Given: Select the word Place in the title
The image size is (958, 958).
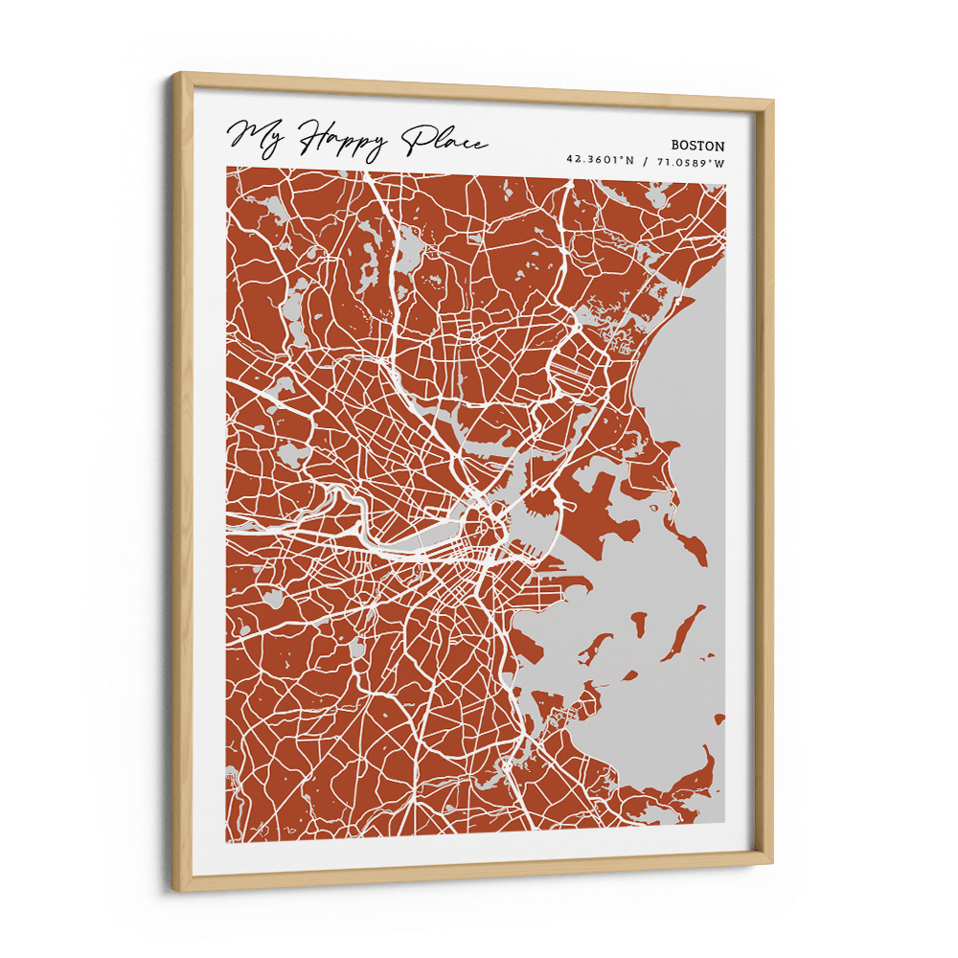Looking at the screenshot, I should (443, 141).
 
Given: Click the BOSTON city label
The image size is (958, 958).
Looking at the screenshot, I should (697, 146).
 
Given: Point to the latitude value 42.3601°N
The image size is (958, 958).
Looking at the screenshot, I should (600, 162).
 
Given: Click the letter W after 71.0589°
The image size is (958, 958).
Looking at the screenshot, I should (720, 162).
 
